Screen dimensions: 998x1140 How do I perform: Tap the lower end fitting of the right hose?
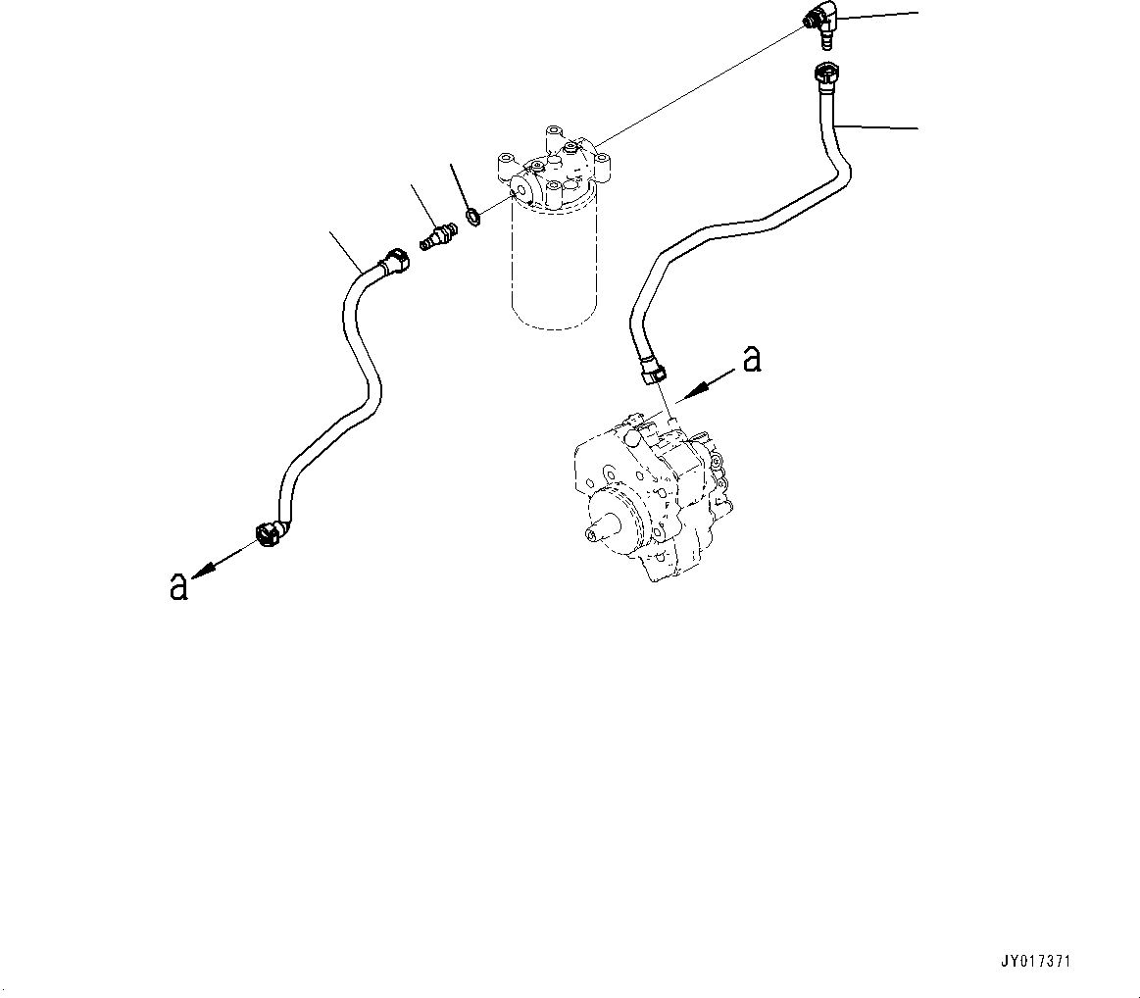tap(652, 372)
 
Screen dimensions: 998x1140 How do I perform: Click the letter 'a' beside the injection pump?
tap(751, 360)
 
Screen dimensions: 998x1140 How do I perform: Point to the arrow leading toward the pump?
tap(707, 383)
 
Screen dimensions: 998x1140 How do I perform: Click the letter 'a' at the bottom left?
tap(178, 585)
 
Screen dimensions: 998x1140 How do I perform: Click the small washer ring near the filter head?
tap(471, 215)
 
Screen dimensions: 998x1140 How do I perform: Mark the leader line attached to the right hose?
tap(877, 125)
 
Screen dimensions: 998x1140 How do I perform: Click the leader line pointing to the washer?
tap(459, 183)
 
